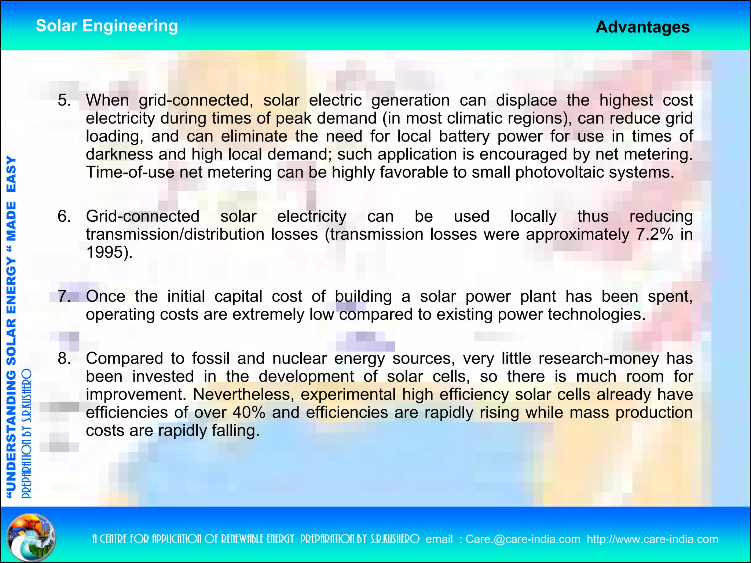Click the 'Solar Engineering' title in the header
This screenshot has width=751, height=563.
(x=107, y=26)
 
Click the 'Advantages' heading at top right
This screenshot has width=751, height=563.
(x=642, y=27)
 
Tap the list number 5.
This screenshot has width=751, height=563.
(x=64, y=100)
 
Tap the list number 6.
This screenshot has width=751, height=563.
(x=64, y=216)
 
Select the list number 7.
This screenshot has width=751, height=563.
(x=64, y=296)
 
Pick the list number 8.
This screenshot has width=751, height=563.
(x=64, y=358)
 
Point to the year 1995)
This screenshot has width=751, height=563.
(x=109, y=252)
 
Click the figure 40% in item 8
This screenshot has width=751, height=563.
(x=249, y=412)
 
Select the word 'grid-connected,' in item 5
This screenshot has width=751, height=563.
(x=196, y=100)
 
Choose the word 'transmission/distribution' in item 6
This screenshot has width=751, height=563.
(x=175, y=234)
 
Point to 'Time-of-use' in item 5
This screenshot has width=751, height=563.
(x=130, y=172)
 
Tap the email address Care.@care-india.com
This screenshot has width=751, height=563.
(x=523, y=539)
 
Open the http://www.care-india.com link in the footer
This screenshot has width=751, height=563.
(x=652, y=539)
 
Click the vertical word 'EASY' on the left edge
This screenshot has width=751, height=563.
(x=11, y=174)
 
